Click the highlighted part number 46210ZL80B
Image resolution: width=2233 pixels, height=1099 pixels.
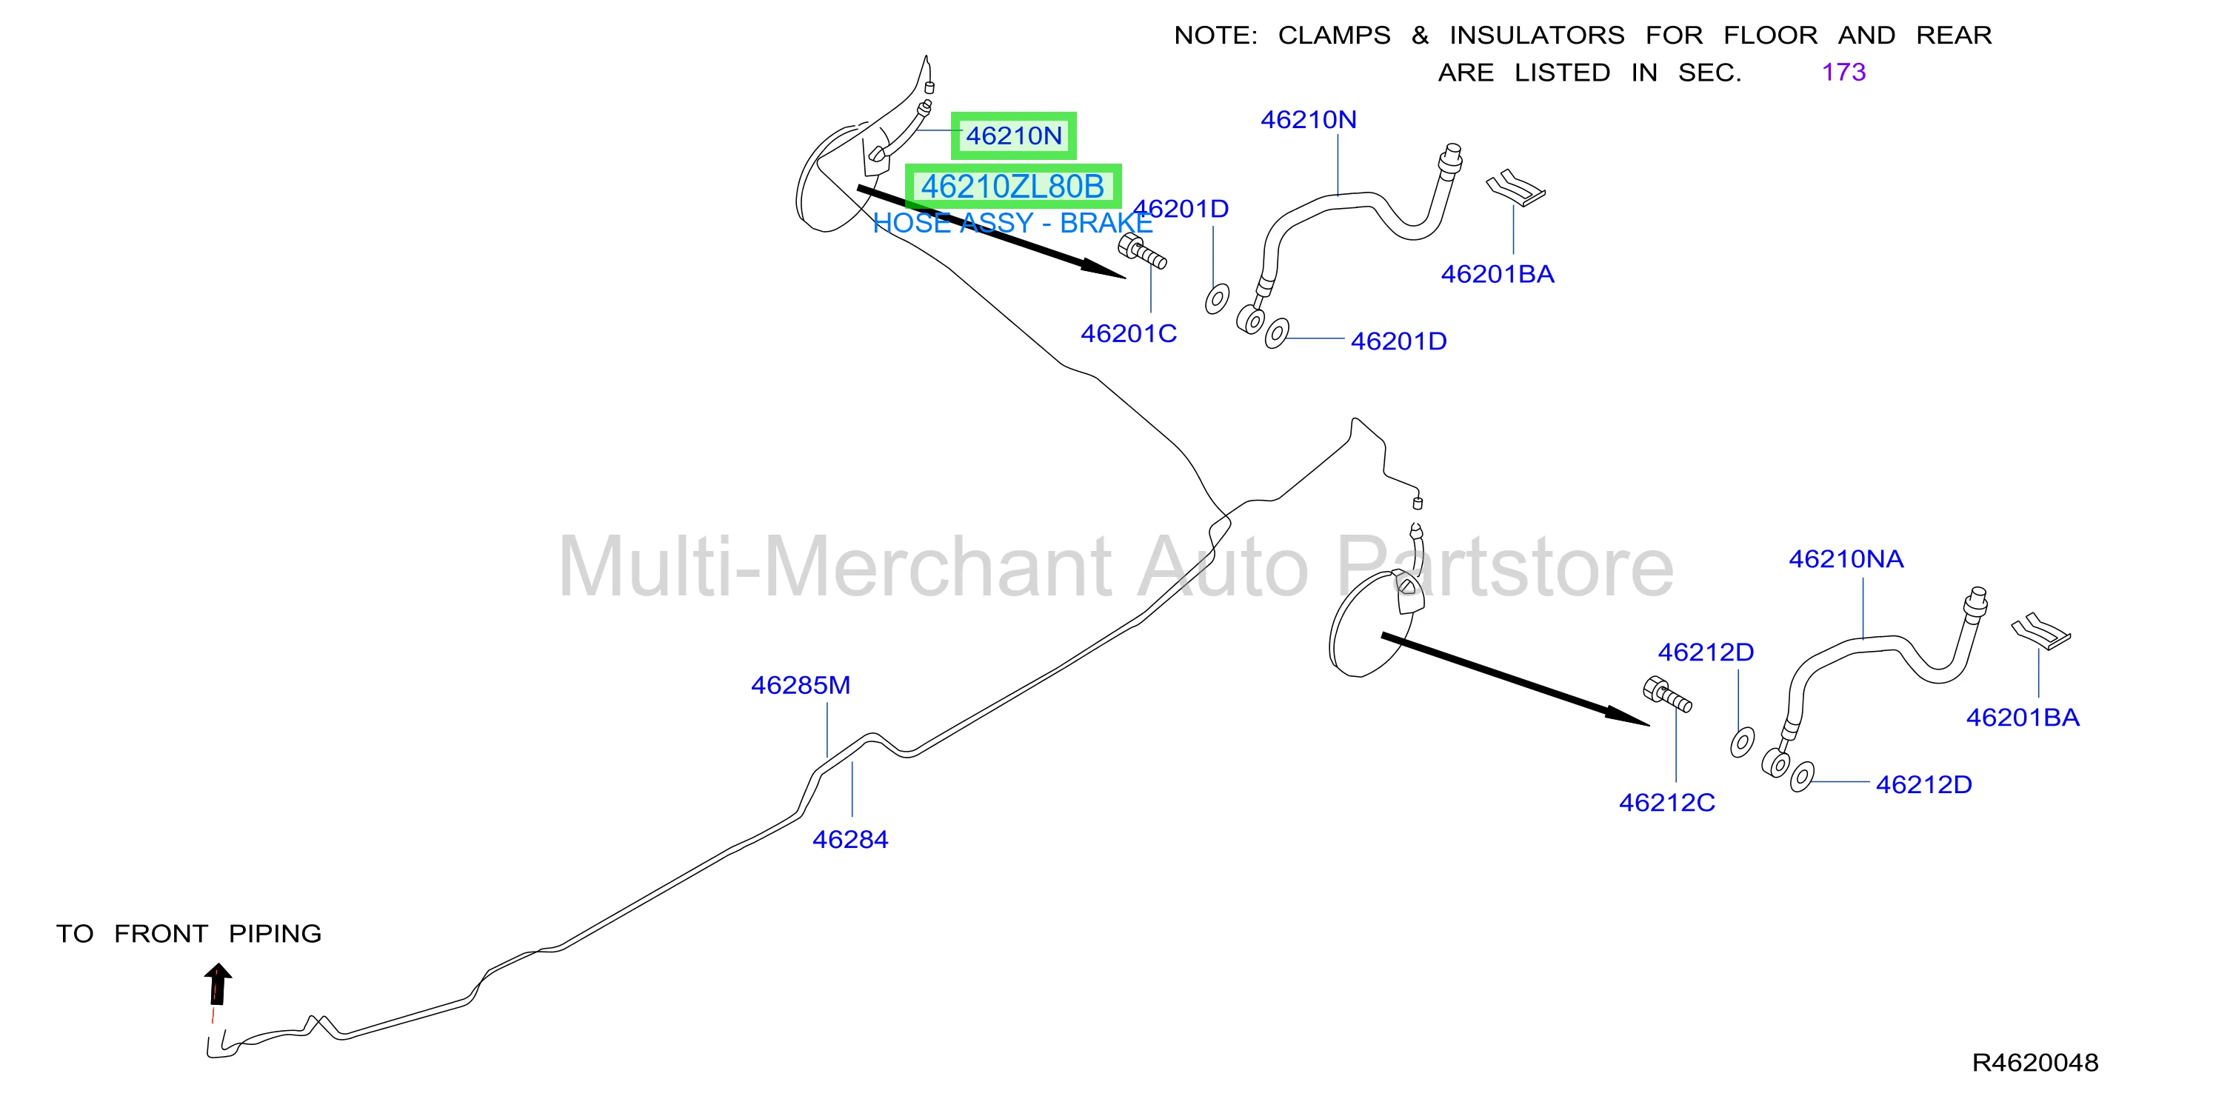(1012, 187)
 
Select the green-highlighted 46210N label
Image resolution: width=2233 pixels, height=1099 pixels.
(1013, 136)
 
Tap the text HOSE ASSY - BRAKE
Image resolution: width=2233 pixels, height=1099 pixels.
(1012, 224)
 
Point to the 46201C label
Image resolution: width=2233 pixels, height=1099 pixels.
(1129, 334)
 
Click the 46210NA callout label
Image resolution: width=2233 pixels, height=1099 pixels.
(1846, 559)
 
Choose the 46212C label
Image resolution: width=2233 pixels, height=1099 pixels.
(1667, 803)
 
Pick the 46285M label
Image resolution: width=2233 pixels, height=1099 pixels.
(801, 686)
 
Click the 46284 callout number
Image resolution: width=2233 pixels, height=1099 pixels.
(850, 840)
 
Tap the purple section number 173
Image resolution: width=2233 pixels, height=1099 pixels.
(1843, 72)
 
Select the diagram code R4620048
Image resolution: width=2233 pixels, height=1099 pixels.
(2035, 1063)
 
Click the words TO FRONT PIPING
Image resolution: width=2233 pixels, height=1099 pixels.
(189, 933)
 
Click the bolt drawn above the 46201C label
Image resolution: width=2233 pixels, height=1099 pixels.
(1141, 251)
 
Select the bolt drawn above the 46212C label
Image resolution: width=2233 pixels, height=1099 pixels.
(1667, 694)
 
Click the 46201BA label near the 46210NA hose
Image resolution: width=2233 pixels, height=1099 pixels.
(2023, 718)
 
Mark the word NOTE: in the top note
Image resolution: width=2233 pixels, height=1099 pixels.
(1215, 36)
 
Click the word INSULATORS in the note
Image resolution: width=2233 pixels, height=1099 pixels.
(1537, 36)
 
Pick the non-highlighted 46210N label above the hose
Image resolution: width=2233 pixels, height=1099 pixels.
(1308, 120)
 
